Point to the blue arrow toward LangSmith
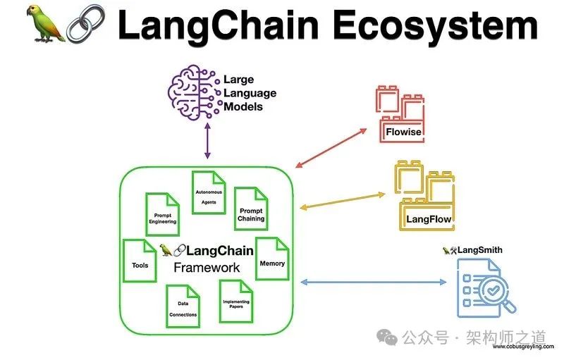click(x=374, y=282)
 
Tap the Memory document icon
click(x=271, y=259)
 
